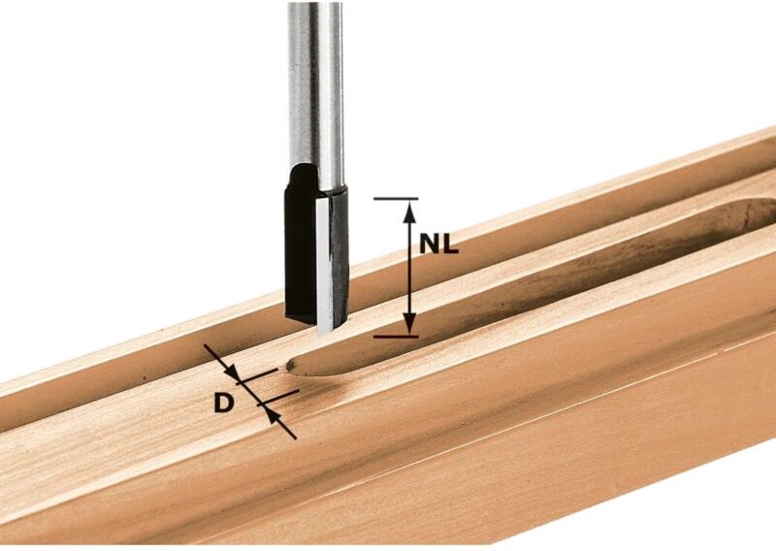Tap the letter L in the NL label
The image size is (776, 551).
click(x=450, y=245)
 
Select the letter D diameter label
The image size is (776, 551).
click(x=224, y=402)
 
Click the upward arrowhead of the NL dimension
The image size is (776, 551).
click(x=409, y=208)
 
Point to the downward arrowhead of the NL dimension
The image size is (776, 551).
click(x=409, y=327)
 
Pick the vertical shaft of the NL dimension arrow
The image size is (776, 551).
click(x=409, y=281)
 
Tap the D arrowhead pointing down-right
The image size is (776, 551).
click(x=231, y=371)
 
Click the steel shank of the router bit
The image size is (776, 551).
click(x=315, y=87)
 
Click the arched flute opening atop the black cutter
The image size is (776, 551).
click(x=303, y=178)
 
